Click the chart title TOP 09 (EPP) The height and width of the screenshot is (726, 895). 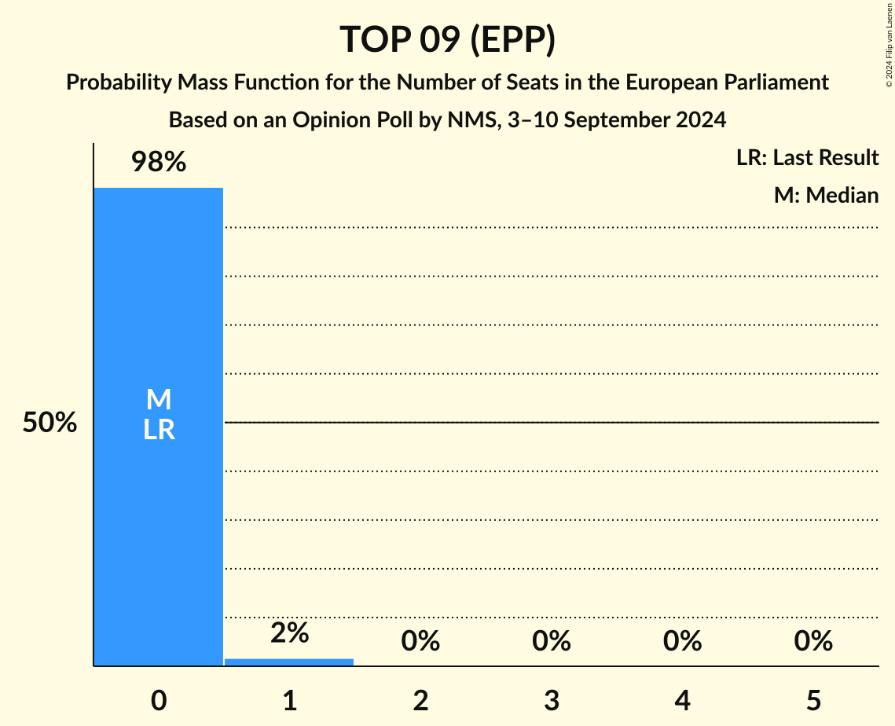[447, 39]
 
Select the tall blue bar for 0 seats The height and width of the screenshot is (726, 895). [159, 511]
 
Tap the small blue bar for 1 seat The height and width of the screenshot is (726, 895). [289, 662]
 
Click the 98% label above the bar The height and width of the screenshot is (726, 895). [159, 163]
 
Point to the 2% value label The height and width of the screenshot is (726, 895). [289, 633]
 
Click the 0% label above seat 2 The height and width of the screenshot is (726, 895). [420, 641]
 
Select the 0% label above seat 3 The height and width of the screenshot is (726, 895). [551, 641]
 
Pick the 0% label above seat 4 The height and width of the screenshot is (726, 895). [682, 641]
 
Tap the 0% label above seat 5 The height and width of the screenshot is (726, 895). [812, 641]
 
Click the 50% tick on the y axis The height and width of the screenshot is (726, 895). [50, 423]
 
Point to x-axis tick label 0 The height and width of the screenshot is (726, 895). [159, 701]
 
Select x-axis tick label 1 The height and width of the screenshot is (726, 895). [289, 701]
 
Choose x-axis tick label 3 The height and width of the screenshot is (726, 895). [551, 701]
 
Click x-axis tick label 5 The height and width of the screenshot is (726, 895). [812, 701]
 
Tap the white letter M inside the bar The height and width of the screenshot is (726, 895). [159, 400]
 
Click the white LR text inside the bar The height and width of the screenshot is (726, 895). [159, 430]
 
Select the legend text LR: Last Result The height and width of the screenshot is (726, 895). [807, 158]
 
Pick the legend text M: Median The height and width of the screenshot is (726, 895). [826, 195]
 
